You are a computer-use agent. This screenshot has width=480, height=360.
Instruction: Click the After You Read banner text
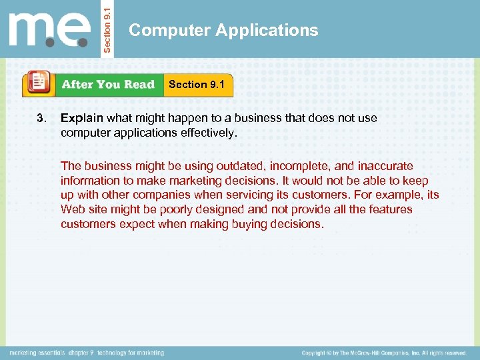click(x=108, y=85)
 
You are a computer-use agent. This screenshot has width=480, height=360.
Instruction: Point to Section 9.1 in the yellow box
click(x=197, y=84)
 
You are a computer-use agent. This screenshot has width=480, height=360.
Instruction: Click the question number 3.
click(x=41, y=118)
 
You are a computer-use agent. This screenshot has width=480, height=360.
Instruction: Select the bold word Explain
click(x=82, y=118)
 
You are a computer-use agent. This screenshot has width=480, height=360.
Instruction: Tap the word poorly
click(x=172, y=209)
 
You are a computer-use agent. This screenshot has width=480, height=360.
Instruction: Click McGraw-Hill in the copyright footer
click(x=368, y=352)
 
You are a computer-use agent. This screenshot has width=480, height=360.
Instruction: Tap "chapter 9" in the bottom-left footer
click(x=79, y=352)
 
